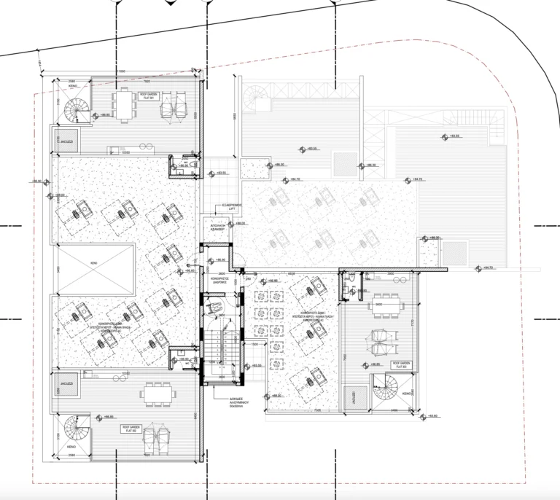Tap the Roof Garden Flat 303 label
pyautogui.click(x=401, y=364)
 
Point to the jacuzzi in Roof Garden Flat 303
pyautogui.click(x=352, y=397)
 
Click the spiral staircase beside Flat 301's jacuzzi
pyautogui.click(x=75, y=110)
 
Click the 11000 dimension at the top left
pyautogui.click(x=121, y=71)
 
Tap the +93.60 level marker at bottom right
pyautogui.click(x=430, y=416)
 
